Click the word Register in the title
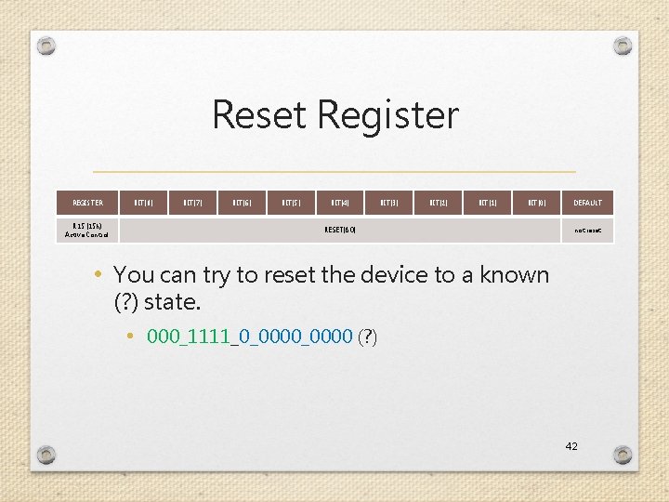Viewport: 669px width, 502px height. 387,115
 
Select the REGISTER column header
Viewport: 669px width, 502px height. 87,203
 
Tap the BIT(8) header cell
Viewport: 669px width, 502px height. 144,203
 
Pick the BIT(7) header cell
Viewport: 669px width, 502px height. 193,203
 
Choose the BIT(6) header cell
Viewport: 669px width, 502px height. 243,203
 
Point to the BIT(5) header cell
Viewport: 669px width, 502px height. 291,203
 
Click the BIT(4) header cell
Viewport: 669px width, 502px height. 340,203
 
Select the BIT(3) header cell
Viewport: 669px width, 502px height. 389,203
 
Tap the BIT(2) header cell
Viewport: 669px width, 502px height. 439,203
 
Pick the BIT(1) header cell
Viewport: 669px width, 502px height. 488,203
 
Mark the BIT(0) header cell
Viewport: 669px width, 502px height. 537,203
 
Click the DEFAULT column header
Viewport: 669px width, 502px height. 587,203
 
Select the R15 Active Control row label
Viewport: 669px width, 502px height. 87,230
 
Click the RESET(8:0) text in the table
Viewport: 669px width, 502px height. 340,229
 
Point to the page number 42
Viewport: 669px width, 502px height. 571,446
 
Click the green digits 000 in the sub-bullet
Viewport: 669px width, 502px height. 161,337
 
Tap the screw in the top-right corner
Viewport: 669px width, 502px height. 623,46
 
